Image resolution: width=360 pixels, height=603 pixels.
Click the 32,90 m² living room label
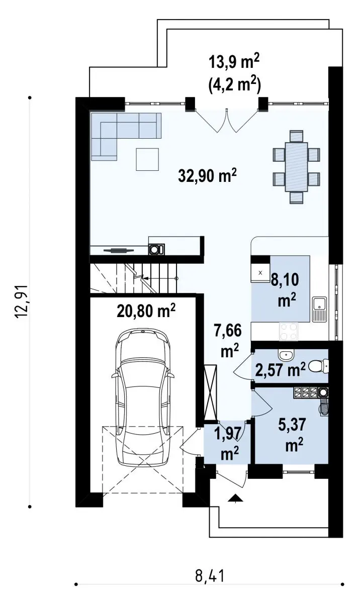pos(207,176)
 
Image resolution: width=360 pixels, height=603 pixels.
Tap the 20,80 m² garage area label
pos(146,311)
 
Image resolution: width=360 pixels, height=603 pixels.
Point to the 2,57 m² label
pos(280,370)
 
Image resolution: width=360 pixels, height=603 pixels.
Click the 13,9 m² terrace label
pos(234,63)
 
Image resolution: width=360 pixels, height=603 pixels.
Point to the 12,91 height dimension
pos(22,301)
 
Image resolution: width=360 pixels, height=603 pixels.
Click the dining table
pos(297,167)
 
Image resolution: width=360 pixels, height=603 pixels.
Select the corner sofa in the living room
pos(126,137)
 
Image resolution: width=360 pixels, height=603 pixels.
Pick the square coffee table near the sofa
pos(147,159)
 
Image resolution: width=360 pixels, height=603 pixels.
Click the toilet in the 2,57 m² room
pos(319,366)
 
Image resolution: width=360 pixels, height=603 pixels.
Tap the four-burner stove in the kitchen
pos(289,331)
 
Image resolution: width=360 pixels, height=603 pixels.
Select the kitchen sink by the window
pos(319,310)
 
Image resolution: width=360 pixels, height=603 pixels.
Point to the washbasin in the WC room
pos(287,355)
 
